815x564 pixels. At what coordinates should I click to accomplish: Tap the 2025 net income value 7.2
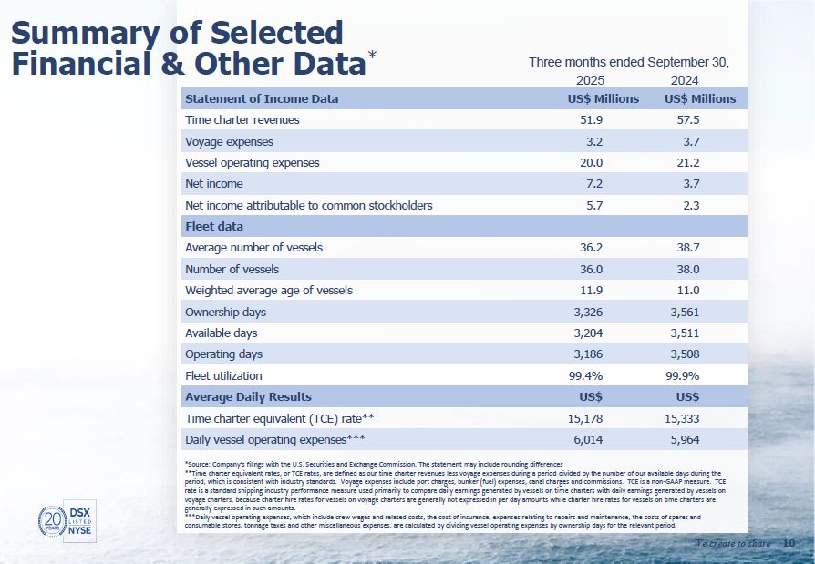(593, 184)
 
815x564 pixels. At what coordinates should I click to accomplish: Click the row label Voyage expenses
(229, 142)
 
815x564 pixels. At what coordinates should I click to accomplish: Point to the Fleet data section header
(214, 226)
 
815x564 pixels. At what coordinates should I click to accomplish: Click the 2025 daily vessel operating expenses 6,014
(585, 439)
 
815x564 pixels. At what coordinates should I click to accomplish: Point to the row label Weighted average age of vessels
(268, 291)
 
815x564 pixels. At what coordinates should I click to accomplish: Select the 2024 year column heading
(684, 80)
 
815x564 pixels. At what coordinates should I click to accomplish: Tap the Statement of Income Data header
(261, 98)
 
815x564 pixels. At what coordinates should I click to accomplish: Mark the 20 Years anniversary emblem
(52, 520)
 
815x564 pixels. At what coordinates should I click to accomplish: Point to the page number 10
(789, 544)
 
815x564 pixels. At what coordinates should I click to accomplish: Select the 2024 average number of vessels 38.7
(684, 248)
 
